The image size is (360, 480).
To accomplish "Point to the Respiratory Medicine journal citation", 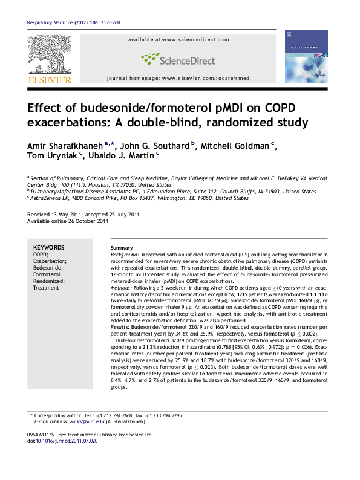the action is pyautogui.click(x=65, y=23).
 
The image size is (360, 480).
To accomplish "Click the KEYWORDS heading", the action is pyautogui.click(x=48, y=248).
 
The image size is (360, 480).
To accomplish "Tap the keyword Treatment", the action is pyautogui.click(x=46, y=288).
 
